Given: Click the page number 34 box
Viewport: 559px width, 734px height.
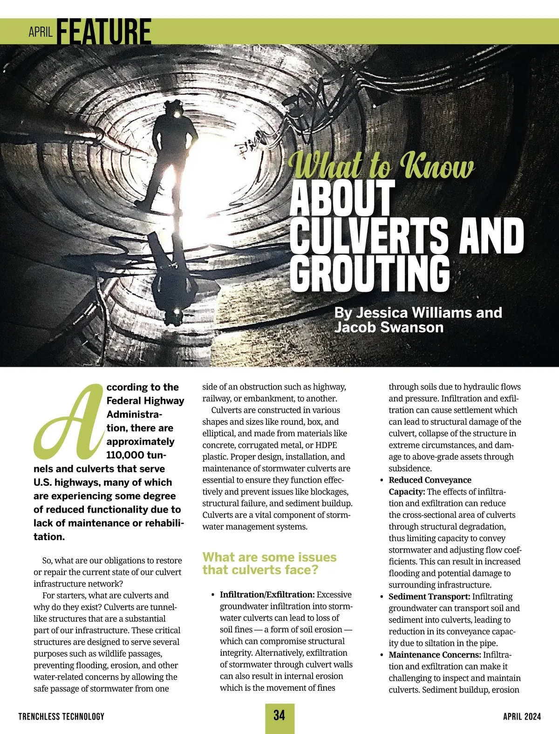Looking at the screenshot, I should [x=279, y=716].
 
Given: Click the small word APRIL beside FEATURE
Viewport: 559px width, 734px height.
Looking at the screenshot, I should [x=41, y=32].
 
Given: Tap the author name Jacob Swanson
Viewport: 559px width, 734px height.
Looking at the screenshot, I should [x=389, y=327].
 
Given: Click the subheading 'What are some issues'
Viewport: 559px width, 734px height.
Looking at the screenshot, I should [x=269, y=557].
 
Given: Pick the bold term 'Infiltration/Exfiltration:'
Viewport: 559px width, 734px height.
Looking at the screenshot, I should [x=267, y=595].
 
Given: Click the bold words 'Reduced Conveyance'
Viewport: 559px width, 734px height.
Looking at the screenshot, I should [x=430, y=480].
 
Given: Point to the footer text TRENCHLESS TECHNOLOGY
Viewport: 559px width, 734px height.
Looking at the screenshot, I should [x=61, y=716].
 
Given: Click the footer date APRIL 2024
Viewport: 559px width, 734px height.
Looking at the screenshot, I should [x=522, y=716].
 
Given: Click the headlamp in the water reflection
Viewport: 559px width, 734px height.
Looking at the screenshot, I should [x=177, y=311].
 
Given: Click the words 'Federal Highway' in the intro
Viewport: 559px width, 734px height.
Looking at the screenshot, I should [x=145, y=401].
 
